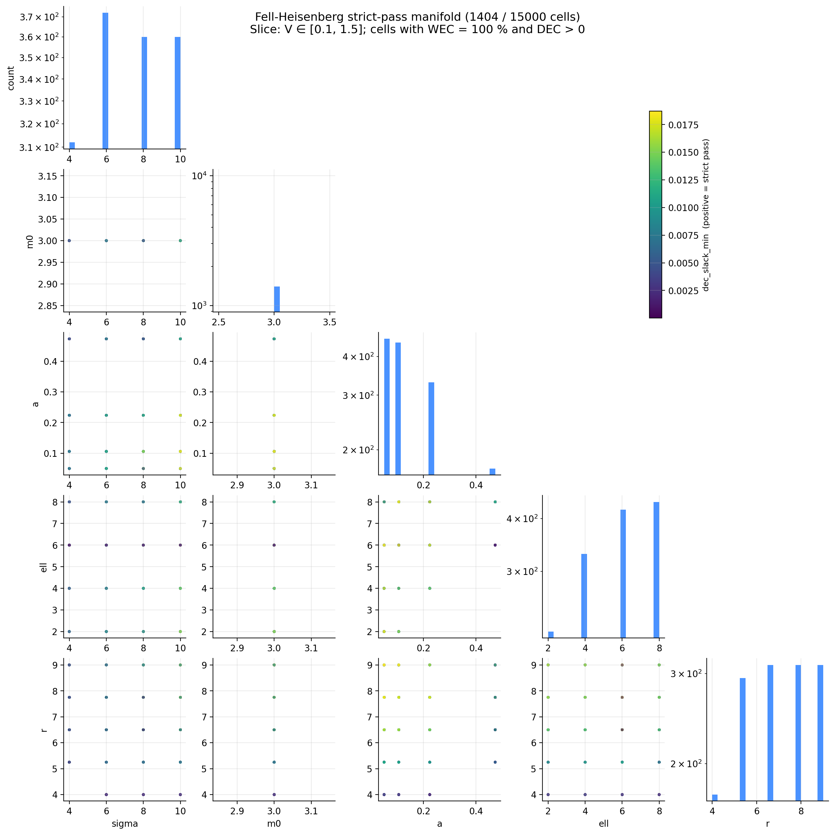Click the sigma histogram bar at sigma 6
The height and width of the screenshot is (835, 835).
(105, 81)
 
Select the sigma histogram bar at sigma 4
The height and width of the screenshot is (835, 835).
(72, 145)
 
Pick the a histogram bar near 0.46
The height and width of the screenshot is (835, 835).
(492, 471)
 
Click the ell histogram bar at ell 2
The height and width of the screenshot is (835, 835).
(551, 634)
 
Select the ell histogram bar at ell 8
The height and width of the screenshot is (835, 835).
(656, 569)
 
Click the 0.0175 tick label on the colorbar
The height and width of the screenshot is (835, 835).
(683, 125)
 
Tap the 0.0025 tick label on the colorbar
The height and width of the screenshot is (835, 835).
(683, 291)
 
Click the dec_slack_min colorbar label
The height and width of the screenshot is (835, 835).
(706, 215)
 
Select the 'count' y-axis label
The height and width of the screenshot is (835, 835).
(11, 78)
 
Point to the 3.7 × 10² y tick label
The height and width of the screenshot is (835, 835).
(39, 17)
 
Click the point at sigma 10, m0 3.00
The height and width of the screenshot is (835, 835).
(180, 241)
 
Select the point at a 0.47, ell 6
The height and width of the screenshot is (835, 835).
(495, 545)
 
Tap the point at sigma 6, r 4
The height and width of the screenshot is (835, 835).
(106, 794)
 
